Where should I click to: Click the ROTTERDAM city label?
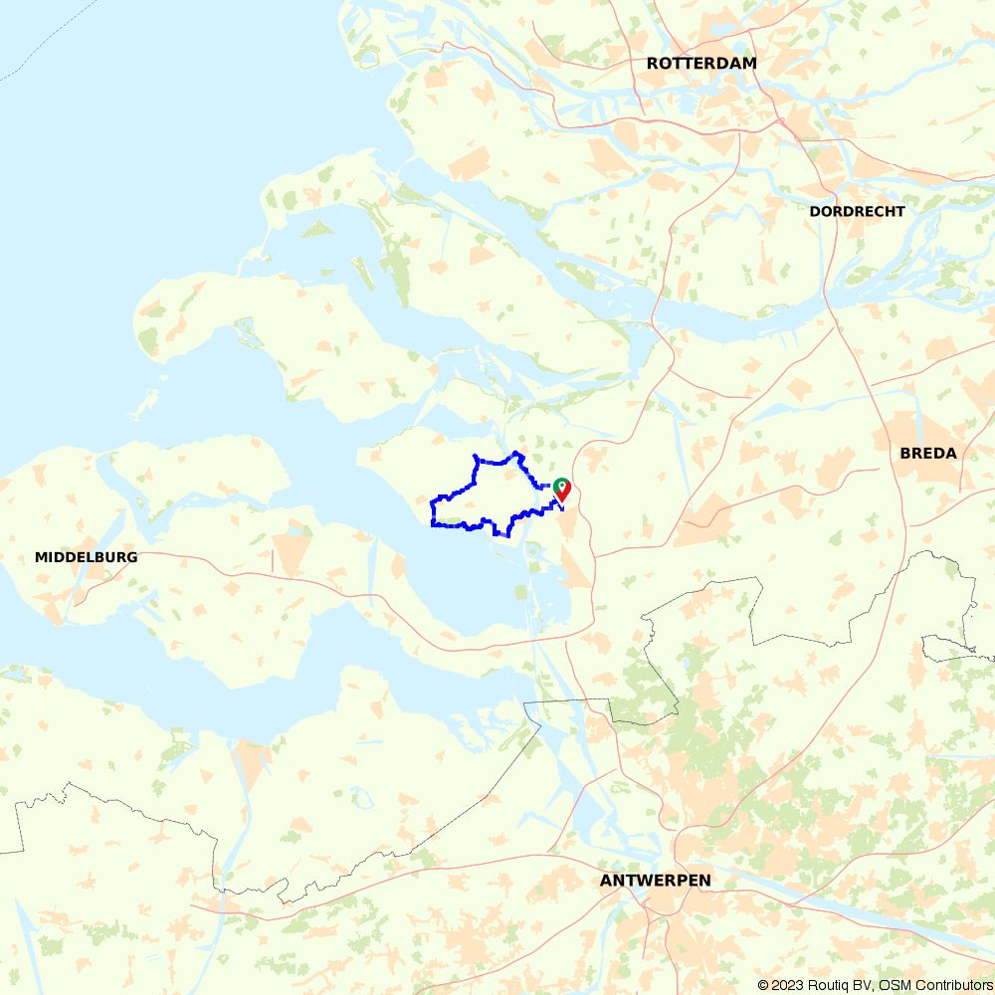coord(701,63)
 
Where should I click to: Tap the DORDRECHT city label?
coord(857,211)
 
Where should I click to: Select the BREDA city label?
coord(927,453)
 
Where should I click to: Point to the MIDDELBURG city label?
coord(86,557)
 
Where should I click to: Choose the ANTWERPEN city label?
coord(655,881)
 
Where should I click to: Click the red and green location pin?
coord(562,490)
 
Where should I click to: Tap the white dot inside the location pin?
coord(562,486)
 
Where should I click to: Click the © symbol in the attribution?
coord(763,985)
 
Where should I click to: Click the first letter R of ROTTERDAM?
coord(653,63)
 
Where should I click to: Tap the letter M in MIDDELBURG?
coord(41,557)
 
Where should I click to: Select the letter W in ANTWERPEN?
coord(638,881)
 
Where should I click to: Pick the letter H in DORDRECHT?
coord(886,211)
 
